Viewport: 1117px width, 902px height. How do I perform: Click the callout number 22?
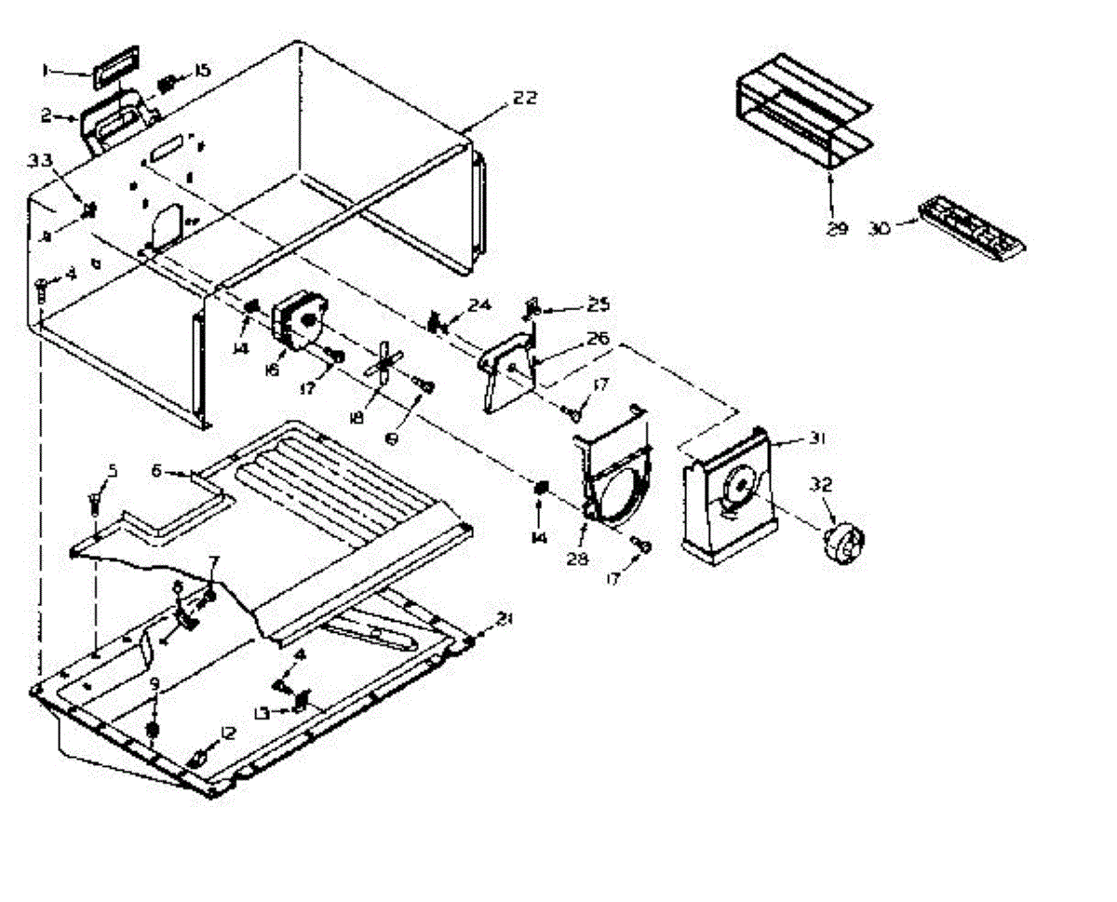coord(525,98)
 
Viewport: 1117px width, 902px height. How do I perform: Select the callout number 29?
coord(837,228)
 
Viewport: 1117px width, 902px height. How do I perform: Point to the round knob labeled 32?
coord(841,541)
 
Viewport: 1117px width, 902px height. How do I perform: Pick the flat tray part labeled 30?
coord(973,225)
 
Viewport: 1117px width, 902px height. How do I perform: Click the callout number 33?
coord(40,161)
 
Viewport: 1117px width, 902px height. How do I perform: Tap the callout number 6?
coord(157,472)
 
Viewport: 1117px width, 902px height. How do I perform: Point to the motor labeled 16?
coord(297,321)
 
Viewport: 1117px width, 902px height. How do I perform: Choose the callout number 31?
coord(816,440)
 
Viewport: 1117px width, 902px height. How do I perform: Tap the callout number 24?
coord(478,305)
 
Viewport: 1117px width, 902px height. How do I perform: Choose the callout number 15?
coord(202,70)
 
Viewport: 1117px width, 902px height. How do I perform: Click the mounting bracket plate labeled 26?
coord(507,368)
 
